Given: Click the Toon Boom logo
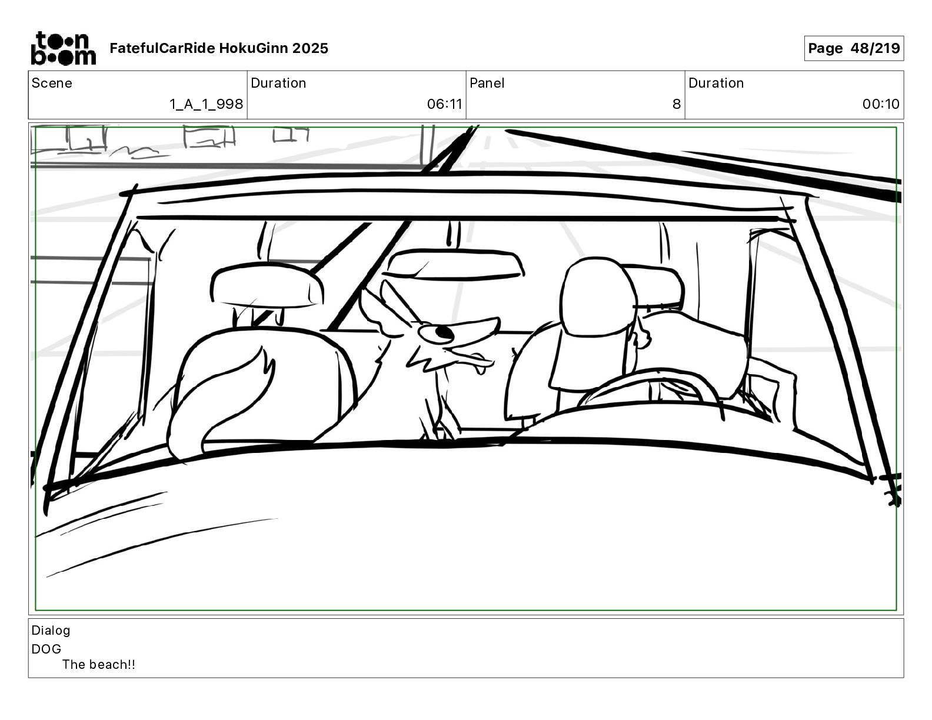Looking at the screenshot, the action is click(x=63, y=48).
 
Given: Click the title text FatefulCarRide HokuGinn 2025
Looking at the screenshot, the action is click(x=219, y=48).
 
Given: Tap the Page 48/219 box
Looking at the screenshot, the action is click(x=853, y=48).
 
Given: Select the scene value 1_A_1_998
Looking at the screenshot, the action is click(x=206, y=104).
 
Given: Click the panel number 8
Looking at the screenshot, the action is click(x=676, y=104).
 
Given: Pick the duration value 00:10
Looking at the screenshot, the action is click(x=881, y=104).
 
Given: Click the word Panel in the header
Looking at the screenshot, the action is click(x=487, y=83).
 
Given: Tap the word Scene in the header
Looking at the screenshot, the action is click(x=52, y=83).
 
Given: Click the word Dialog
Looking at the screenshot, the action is click(x=51, y=630).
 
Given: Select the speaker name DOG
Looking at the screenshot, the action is click(x=46, y=649).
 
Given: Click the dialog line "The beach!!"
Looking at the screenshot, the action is click(x=99, y=665).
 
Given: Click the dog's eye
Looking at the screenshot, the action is click(x=443, y=334).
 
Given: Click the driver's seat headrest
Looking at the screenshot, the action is click(x=597, y=294).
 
